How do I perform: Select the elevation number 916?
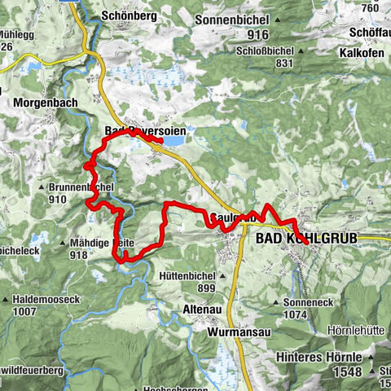click(258, 34)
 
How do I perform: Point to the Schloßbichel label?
click(260, 51)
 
